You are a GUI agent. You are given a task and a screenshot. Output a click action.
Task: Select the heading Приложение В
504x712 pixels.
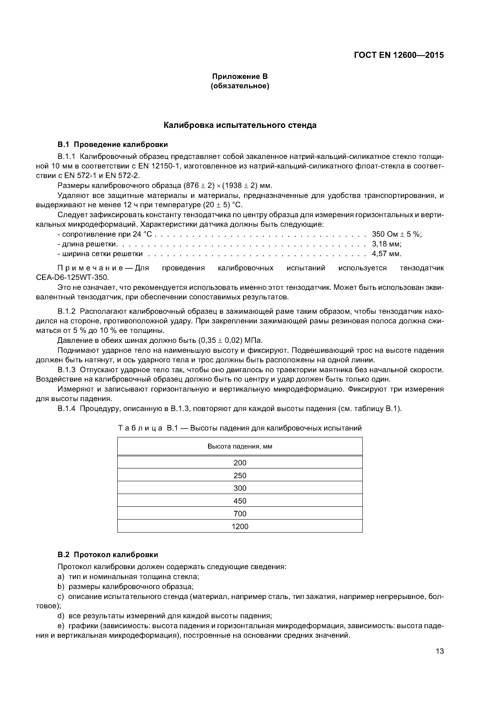coord(240,76)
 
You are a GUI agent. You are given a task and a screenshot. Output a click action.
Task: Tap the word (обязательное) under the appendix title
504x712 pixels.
coord(240,86)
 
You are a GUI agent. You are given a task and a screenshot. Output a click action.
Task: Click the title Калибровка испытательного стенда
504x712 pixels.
coord(240,125)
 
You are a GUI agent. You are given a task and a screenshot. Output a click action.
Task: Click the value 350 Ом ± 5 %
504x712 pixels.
coord(396,234)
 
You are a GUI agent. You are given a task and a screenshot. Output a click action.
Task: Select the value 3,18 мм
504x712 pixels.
coord(387,244)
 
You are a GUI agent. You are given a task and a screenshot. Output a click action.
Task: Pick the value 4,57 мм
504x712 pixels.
coord(387,254)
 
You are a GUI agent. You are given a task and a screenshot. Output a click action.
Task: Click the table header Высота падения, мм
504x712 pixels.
coord(240,446)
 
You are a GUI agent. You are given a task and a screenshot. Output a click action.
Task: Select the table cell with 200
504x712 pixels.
coord(240,463)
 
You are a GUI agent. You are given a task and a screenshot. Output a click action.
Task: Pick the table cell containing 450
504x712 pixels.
coord(240,501)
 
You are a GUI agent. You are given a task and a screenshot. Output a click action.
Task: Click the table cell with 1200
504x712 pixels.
coord(240,526)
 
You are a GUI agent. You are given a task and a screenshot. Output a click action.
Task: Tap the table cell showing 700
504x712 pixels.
coord(240,514)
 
